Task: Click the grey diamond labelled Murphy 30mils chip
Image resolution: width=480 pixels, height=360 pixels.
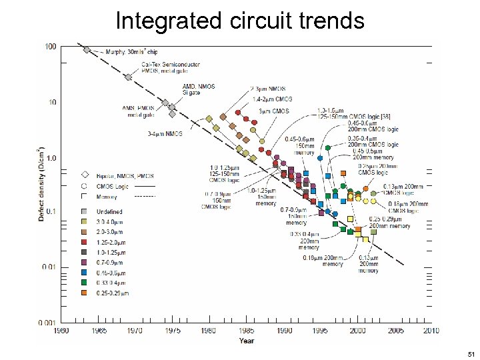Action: [x=87, y=49]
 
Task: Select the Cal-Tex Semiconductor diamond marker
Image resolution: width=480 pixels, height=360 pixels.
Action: [x=128, y=77]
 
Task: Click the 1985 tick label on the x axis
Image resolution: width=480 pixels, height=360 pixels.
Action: [x=247, y=330]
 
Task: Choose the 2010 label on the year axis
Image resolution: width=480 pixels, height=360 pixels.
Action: [x=433, y=330]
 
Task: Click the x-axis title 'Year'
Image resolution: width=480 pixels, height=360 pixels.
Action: [x=247, y=341]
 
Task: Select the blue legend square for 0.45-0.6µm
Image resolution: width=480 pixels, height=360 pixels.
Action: [x=85, y=273]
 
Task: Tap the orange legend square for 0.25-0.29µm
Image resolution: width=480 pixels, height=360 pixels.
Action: [x=85, y=292]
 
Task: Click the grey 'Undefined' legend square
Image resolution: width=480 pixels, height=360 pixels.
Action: [x=85, y=211]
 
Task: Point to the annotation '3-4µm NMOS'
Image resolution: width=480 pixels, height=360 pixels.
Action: [x=165, y=134]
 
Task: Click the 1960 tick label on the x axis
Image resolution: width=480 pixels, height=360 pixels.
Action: [x=61, y=330]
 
